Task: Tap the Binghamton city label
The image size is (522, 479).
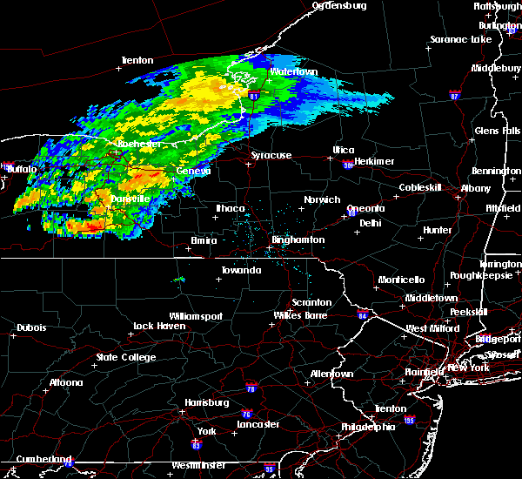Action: coord(298,239)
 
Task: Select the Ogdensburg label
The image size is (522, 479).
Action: coord(339,5)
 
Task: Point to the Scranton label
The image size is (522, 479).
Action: coord(311,302)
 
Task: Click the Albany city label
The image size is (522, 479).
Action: coord(476,188)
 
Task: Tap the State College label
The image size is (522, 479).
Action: coord(126,357)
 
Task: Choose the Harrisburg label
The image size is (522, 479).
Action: coord(206,402)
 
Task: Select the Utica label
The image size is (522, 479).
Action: coord(345,150)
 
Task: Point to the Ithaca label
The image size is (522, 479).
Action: coord(231,208)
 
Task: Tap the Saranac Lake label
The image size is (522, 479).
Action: coord(461,40)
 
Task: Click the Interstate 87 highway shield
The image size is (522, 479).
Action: coord(453,93)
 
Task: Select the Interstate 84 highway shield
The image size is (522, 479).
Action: coord(363,315)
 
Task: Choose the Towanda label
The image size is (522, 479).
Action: coord(241,270)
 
